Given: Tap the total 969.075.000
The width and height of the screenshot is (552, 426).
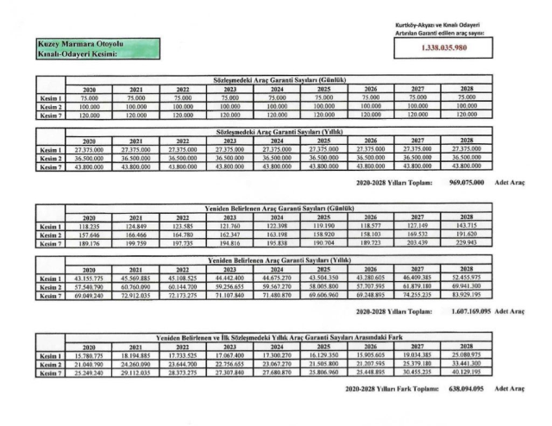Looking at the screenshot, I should tap(466, 183).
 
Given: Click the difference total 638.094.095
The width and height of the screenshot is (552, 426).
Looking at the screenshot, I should tap(466, 389).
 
